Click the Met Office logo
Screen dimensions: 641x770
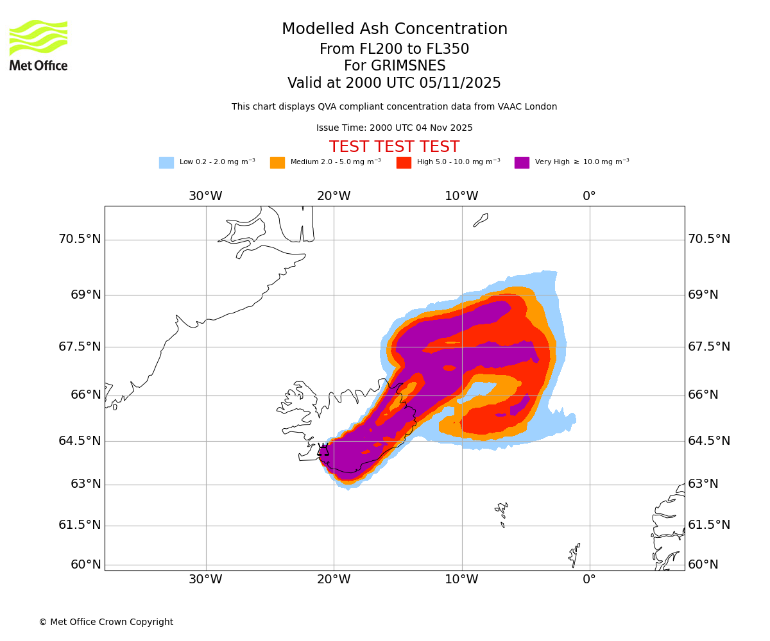(38, 45)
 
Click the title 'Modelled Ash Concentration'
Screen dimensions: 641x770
(395, 29)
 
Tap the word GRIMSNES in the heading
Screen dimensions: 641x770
(395, 66)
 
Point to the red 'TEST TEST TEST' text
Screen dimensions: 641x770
(394, 147)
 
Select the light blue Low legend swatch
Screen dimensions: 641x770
(166, 163)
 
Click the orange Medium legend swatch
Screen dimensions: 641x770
(277, 163)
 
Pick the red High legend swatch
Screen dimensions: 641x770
(404, 163)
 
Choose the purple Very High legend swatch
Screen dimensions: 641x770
(522, 163)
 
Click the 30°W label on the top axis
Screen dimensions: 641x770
(205, 196)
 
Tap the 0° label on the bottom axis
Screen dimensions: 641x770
(589, 579)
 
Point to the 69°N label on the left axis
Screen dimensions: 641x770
(86, 295)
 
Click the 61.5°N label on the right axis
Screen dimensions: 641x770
(709, 525)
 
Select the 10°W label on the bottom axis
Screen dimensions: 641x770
(461, 579)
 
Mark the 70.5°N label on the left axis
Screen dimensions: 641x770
(80, 239)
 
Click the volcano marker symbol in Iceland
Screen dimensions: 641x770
(323, 449)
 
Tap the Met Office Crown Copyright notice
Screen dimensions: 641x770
(106, 622)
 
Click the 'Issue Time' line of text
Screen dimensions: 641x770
(394, 128)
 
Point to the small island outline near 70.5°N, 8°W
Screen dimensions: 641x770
(481, 220)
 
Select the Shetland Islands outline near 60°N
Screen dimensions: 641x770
(574, 554)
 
